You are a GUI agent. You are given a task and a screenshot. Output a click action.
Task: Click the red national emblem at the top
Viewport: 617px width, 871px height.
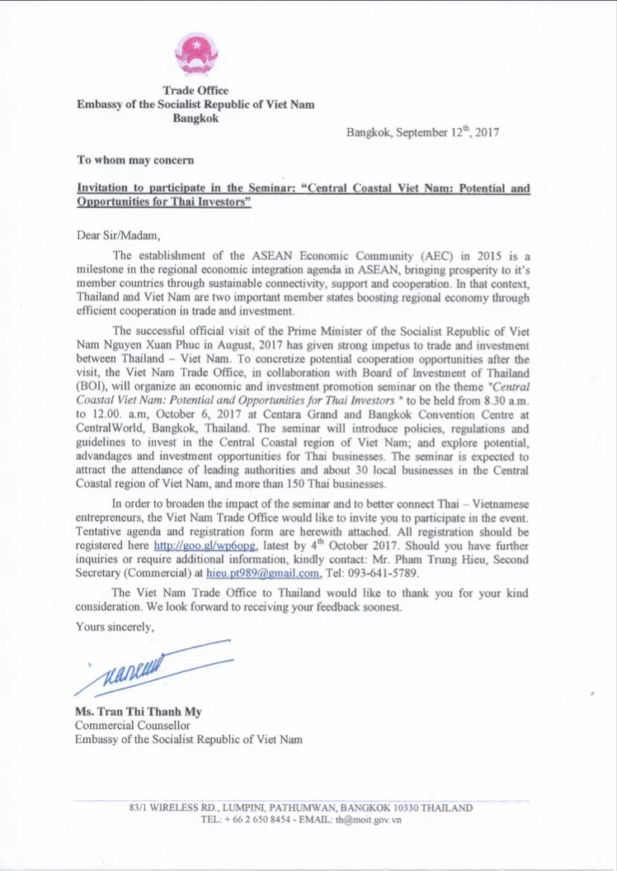tap(195, 55)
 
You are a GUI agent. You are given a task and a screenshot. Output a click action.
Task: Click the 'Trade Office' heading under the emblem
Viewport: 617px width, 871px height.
tap(195, 91)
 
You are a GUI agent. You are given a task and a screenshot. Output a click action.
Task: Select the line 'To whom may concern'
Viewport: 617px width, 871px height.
tap(135, 160)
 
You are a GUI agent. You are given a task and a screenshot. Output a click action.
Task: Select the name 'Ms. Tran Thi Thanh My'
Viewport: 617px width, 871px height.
tap(138, 712)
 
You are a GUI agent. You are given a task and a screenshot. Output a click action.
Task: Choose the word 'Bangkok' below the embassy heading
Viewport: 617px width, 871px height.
tap(195, 118)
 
